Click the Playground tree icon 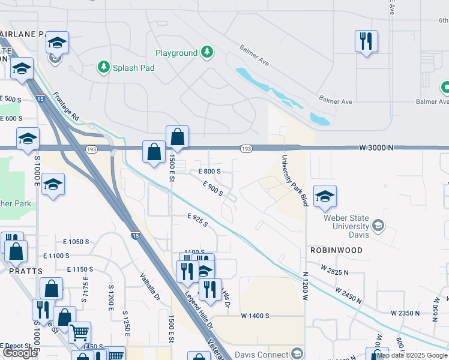(207, 52)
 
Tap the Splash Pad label (134, 68)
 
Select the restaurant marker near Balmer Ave (366, 41)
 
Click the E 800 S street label (209, 172)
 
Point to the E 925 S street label (197, 220)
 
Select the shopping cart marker (79, 332)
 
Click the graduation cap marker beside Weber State (325, 196)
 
